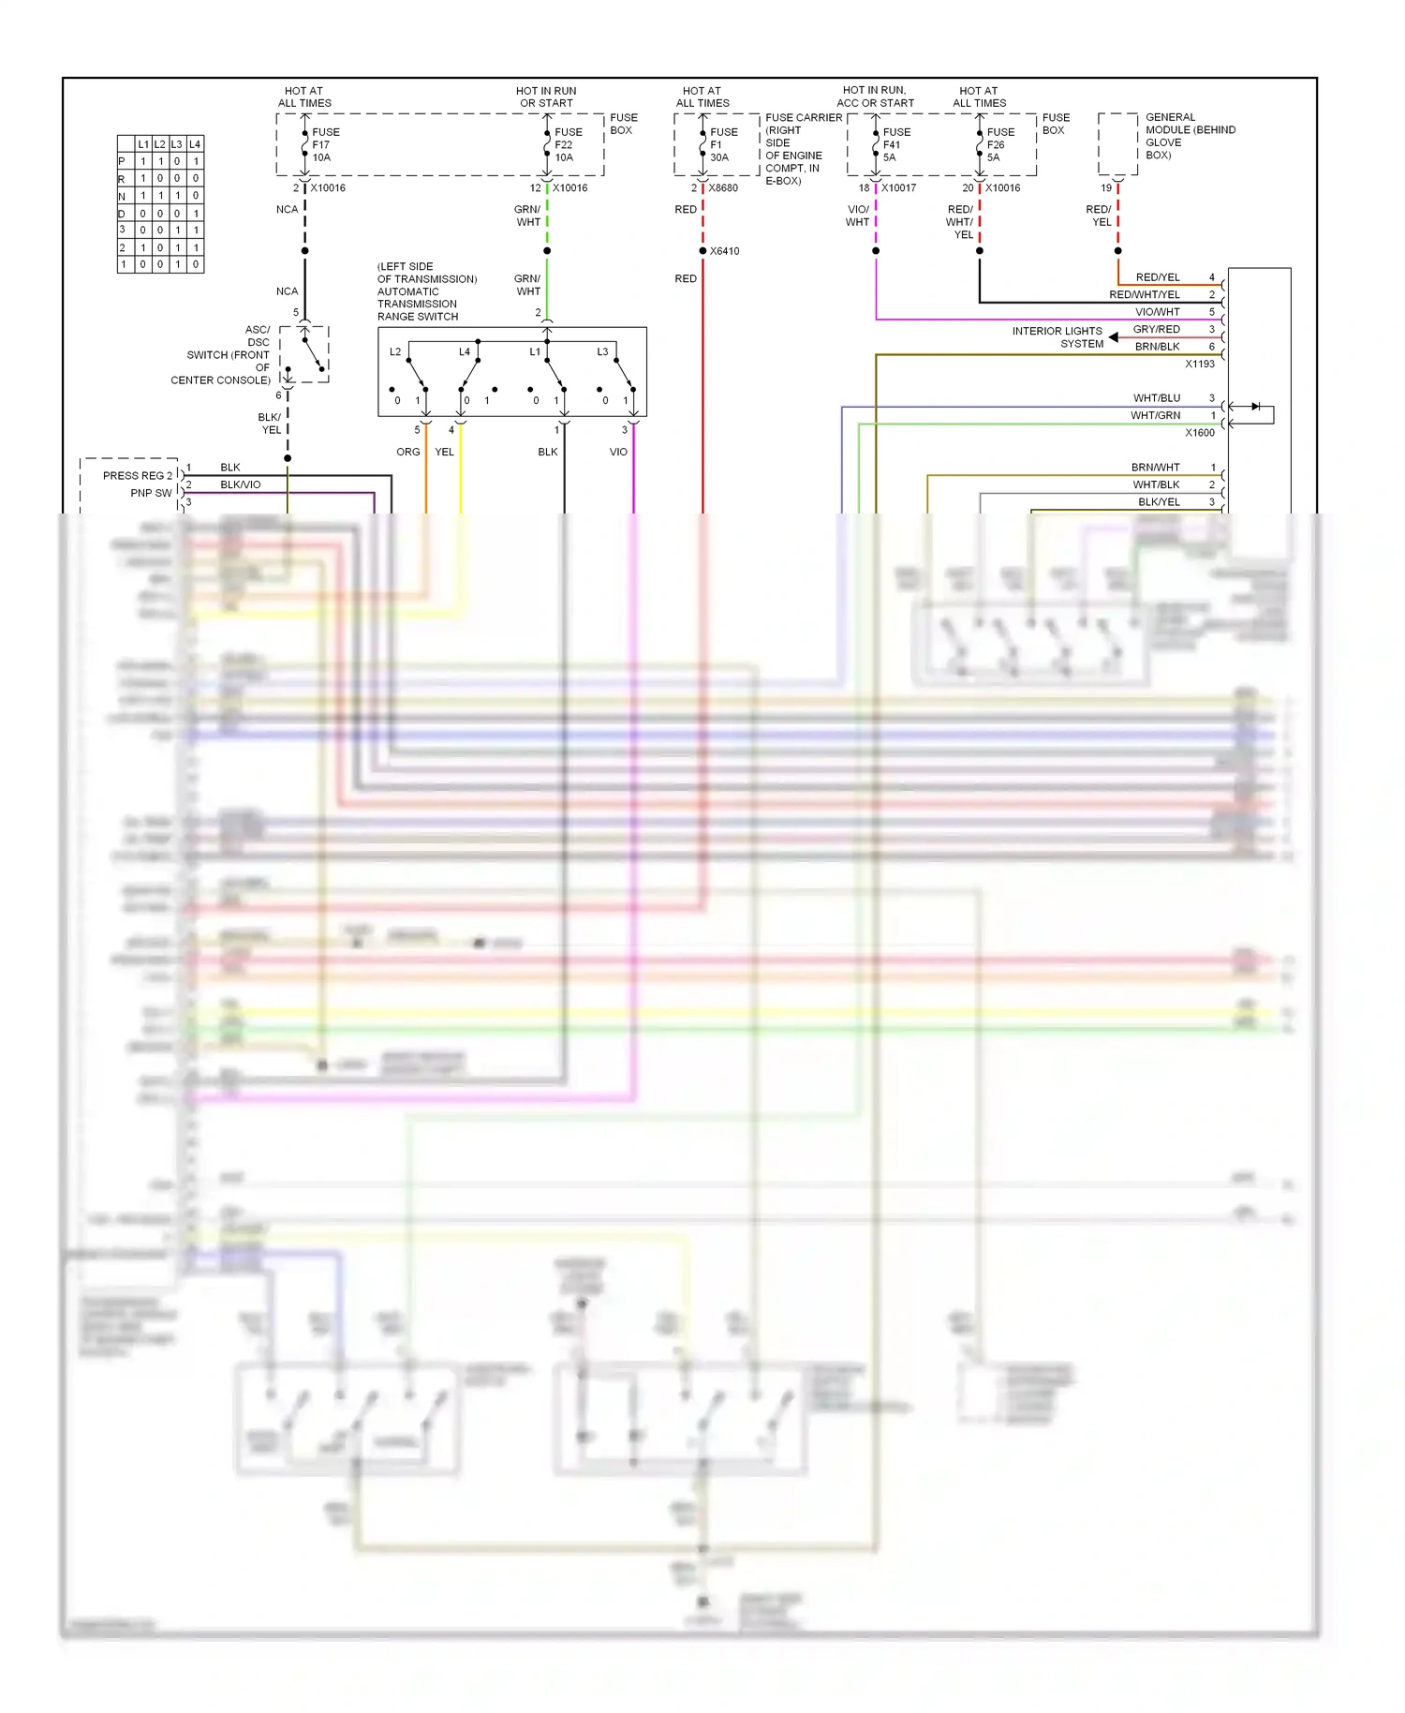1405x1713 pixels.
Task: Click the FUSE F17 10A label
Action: [x=325, y=144]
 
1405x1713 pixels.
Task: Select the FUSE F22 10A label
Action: [x=568, y=144]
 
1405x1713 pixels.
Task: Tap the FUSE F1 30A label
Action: [x=723, y=144]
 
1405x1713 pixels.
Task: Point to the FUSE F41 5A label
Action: [x=895, y=144]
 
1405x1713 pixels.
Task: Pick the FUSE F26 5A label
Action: [x=999, y=144]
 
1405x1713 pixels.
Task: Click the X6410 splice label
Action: [x=724, y=251]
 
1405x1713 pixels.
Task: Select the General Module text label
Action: [x=1189, y=136]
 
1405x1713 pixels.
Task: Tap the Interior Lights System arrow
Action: [x=1113, y=337]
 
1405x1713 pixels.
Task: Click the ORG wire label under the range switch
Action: [x=407, y=452]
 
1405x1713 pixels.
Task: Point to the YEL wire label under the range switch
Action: [x=444, y=452]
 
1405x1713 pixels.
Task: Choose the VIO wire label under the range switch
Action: [x=618, y=452]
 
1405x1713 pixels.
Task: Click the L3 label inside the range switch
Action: [x=602, y=352]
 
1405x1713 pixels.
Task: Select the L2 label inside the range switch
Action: [x=395, y=352]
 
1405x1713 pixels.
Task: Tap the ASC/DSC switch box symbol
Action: [x=304, y=354]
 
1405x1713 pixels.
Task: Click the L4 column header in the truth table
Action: [x=195, y=144]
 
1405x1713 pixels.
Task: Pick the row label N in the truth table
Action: [x=122, y=196]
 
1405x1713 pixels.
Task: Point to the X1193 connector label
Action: [x=1199, y=364]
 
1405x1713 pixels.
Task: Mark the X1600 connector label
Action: [x=1199, y=433]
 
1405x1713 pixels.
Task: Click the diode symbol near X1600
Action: [x=1255, y=407]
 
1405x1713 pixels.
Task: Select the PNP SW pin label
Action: [x=151, y=493]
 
